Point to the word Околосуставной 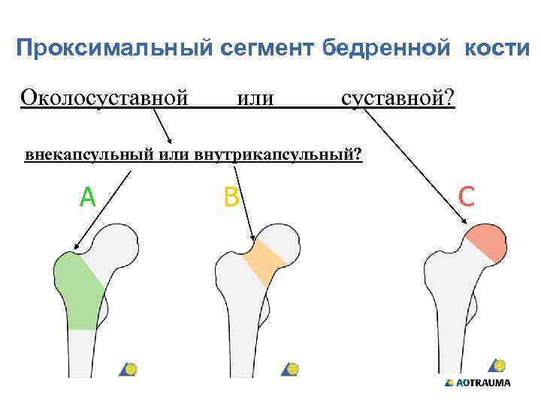(x=104, y=98)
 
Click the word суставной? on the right (x=397, y=98)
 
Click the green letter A (x=88, y=197)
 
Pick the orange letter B (x=231, y=197)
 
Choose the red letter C (x=466, y=196)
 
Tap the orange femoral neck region (x=264, y=262)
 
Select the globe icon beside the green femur (x=129, y=369)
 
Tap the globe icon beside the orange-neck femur (x=291, y=369)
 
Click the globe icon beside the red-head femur (x=497, y=366)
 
